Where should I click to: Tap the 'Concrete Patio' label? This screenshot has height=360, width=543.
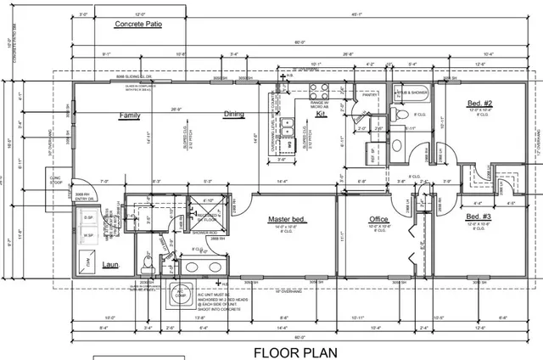click(137, 25)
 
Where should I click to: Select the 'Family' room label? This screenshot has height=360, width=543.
click(130, 115)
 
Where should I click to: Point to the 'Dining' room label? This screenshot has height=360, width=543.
click(233, 115)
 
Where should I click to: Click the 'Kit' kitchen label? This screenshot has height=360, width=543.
click(321, 113)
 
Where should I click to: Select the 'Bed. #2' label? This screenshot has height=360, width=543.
click(480, 104)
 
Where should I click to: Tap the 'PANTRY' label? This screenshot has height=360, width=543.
click(369, 96)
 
